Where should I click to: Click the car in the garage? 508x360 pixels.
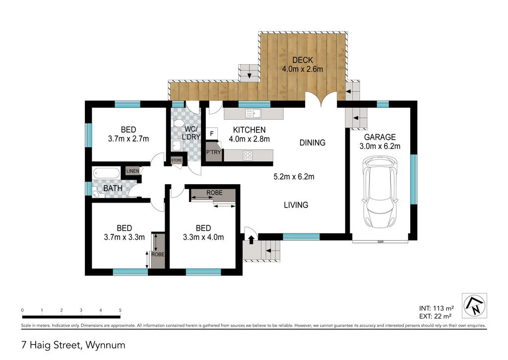tap(380, 192)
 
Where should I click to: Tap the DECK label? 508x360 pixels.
tap(303, 60)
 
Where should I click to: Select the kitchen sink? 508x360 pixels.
tap(253, 114)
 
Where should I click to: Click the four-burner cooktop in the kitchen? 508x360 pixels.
tap(248, 155)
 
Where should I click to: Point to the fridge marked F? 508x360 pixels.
tap(212, 134)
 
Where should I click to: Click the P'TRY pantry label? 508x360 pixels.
tap(213, 152)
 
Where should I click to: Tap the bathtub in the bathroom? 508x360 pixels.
tap(107, 173)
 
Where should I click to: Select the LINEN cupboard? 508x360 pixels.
tap(132, 171)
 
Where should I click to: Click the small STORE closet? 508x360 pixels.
tap(177, 160)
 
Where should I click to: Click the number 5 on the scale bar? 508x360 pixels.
tap(120, 310)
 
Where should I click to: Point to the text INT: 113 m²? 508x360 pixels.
tap(437, 308)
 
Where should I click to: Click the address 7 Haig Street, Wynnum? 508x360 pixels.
tap(73, 345)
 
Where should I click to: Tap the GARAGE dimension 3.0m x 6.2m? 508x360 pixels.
tap(380, 146)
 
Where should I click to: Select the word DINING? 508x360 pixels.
tap(313, 143)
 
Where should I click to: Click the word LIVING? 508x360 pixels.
tap(296, 205)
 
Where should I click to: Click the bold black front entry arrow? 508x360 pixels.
tap(251, 240)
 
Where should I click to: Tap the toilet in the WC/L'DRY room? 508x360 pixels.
tap(178, 123)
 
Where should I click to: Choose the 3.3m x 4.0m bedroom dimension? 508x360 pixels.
tap(203, 237)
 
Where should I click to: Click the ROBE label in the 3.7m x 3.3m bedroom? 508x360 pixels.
tap(158, 255)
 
